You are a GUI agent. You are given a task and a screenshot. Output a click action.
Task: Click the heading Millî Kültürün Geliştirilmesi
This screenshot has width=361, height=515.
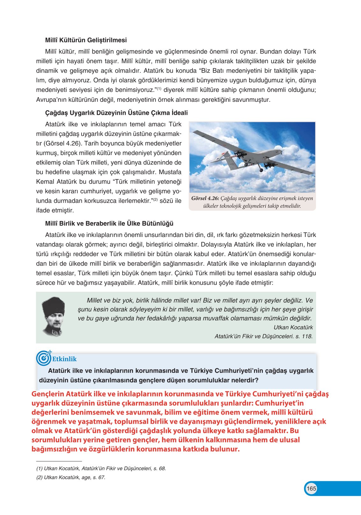click(86, 40)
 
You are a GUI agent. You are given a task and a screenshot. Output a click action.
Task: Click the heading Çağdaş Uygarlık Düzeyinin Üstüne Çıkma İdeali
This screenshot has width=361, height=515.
click(116, 113)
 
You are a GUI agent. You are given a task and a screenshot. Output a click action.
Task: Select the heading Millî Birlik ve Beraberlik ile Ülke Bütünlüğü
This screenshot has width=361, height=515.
click(109, 224)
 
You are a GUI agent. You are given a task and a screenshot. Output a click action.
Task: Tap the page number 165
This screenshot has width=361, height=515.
click(311, 489)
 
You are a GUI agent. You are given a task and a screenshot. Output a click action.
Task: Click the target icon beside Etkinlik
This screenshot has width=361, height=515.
click(43, 358)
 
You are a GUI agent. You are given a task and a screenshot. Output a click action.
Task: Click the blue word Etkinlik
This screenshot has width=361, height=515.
click(64, 359)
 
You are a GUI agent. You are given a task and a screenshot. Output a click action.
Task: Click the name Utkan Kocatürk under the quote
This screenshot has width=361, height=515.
click(293, 327)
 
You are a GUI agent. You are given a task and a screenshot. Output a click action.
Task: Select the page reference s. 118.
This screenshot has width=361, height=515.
click(304, 336)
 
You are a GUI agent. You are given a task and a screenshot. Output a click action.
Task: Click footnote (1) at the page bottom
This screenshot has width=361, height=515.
click(101, 468)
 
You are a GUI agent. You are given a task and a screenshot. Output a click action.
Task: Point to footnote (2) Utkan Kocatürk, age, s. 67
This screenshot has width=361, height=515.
click(71, 477)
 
